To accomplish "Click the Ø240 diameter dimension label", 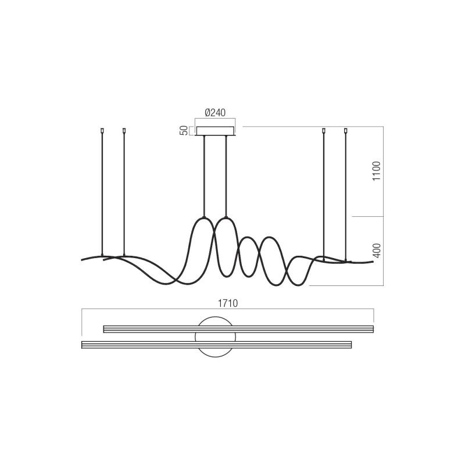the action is point(215,113).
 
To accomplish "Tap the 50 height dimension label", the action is point(184,131).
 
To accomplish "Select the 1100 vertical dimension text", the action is point(376,171).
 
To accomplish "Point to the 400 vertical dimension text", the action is point(376,251).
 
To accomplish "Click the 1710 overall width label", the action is point(228,303).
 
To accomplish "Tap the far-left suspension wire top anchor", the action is point(102,130).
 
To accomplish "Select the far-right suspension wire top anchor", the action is point(345,130).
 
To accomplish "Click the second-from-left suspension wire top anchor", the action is point(124,130).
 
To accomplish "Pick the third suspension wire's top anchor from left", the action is point(324,130).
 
